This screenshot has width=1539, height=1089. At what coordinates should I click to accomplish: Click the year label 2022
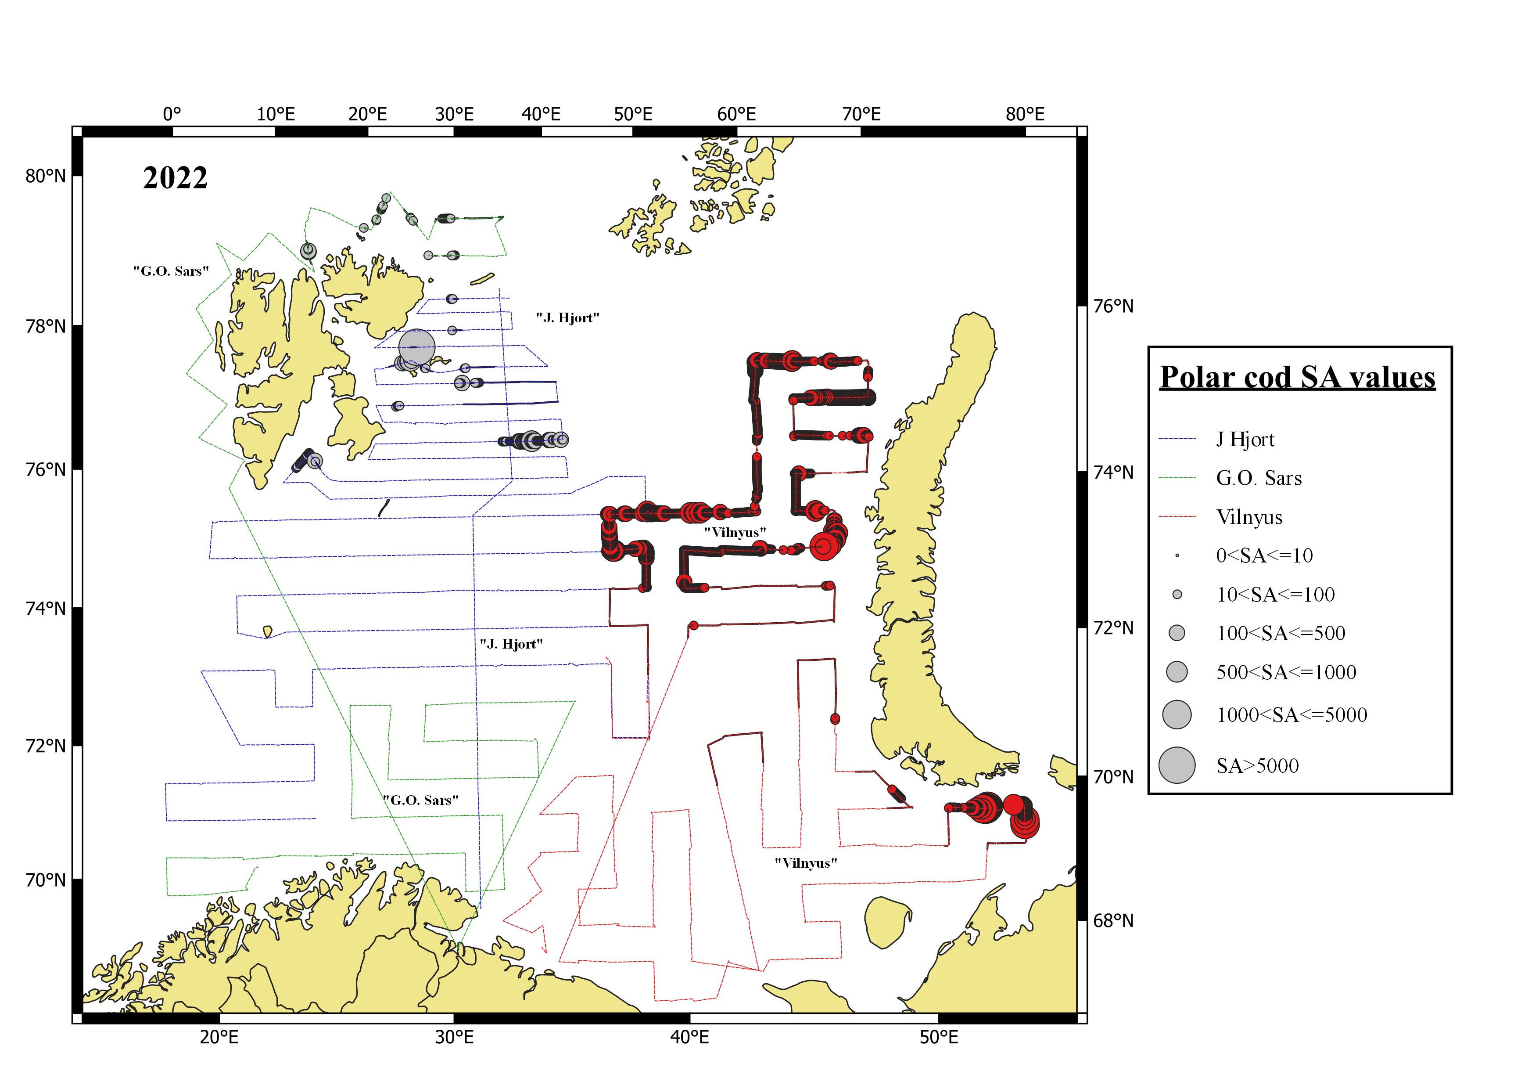pyautogui.click(x=175, y=178)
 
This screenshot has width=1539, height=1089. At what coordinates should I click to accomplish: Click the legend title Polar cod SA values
pyautogui.click(x=1297, y=378)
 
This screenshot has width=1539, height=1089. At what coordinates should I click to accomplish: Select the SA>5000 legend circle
pyautogui.click(x=1177, y=765)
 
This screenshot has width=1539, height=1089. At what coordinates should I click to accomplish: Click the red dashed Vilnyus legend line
pyautogui.click(x=1177, y=517)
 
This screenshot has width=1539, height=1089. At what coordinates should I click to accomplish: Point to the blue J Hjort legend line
pyautogui.click(x=1177, y=439)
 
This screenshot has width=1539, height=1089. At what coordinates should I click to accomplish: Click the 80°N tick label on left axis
pyautogui.click(x=46, y=177)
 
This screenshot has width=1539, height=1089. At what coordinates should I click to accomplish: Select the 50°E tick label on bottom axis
pyautogui.click(x=938, y=1038)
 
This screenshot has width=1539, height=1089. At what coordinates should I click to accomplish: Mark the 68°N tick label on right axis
pyautogui.click(x=1113, y=921)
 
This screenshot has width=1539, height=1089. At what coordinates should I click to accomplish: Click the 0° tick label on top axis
pyautogui.click(x=172, y=114)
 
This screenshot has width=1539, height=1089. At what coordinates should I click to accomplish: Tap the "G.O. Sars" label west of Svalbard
pyautogui.click(x=171, y=271)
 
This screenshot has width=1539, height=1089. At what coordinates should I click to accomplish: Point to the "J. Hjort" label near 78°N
pyautogui.click(x=567, y=318)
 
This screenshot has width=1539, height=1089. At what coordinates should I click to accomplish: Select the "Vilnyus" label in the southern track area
pyautogui.click(x=806, y=863)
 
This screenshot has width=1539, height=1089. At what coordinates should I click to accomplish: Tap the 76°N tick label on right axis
pyautogui.click(x=1113, y=307)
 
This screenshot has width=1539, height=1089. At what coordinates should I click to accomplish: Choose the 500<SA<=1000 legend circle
pyautogui.click(x=1177, y=672)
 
